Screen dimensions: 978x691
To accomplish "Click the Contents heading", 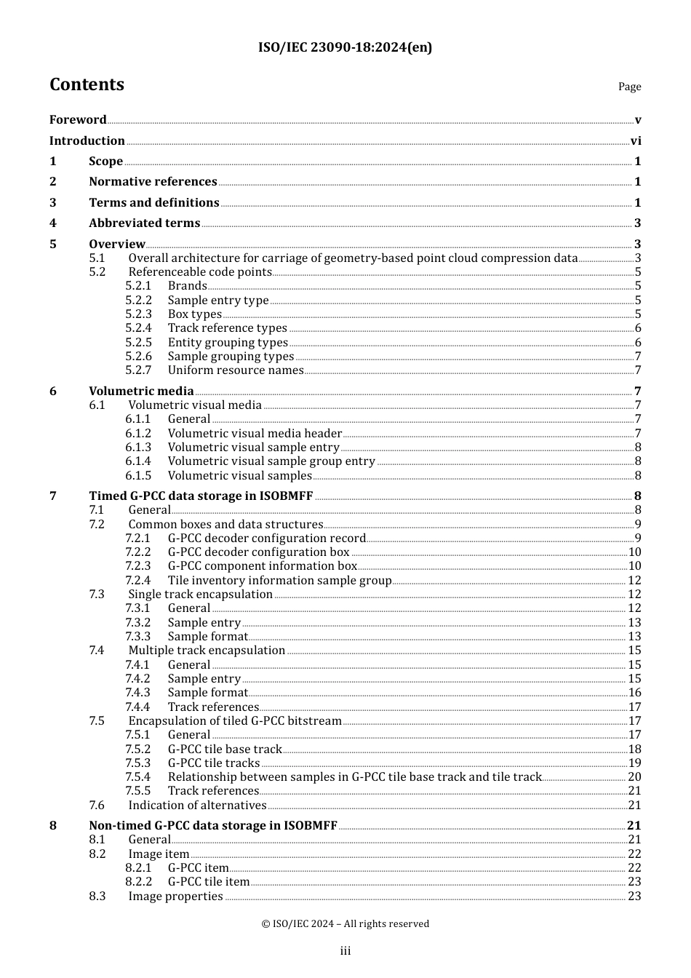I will pos(87,84).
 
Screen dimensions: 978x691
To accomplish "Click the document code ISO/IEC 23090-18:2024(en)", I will pos(345,47).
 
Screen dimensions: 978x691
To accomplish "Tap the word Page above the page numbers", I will pos(629,87).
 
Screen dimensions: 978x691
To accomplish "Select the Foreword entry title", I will pos(78,119).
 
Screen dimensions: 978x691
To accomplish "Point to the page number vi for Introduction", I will pos(635,140).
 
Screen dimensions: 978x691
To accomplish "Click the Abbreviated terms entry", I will pos(144,223).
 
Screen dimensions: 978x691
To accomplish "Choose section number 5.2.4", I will pos(138,328).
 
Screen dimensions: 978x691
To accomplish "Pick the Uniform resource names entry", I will pos(235,370).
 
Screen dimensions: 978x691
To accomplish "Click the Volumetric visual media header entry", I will pos(255,433).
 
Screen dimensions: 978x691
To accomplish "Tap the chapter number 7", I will pos(53,496).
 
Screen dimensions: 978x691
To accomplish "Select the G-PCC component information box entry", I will pos(262,566).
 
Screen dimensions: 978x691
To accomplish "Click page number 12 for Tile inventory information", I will pos(634,581).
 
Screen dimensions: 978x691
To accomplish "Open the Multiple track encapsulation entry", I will pos(207,651).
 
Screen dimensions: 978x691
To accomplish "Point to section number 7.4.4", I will pos(137,707).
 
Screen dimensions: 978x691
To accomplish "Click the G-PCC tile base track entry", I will pos(224,750).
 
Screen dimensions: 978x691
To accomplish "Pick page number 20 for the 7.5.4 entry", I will pos(634,777).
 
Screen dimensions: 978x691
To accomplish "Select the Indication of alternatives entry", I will pos(197,806).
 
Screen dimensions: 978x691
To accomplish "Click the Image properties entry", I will pos(175,896).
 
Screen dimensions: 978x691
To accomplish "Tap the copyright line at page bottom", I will pos(345,924).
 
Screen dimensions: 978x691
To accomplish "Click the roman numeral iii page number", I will pos(345,951).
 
